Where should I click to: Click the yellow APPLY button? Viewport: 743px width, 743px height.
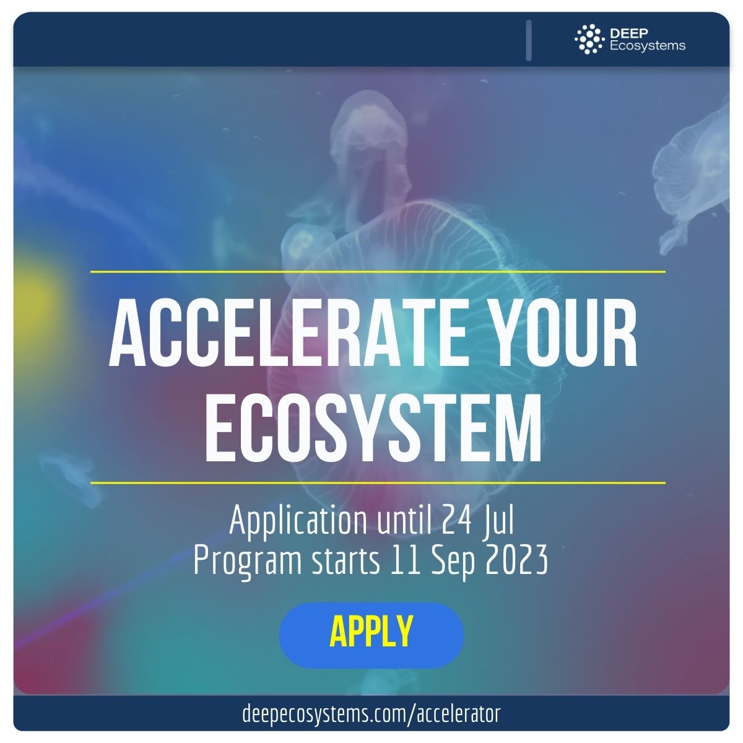[371, 635]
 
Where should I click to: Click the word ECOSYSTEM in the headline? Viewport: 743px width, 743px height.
[373, 428]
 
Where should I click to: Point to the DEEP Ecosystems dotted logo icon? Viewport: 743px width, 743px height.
[589, 39]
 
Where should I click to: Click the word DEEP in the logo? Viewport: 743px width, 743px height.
[629, 33]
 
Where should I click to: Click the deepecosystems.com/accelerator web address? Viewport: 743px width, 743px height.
[371, 714]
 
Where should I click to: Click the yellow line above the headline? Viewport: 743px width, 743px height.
[378, 272]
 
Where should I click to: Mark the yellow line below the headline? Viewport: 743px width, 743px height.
[378, 483]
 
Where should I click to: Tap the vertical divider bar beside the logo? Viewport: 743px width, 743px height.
[529, 40]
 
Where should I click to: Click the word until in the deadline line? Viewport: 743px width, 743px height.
[404, 520]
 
